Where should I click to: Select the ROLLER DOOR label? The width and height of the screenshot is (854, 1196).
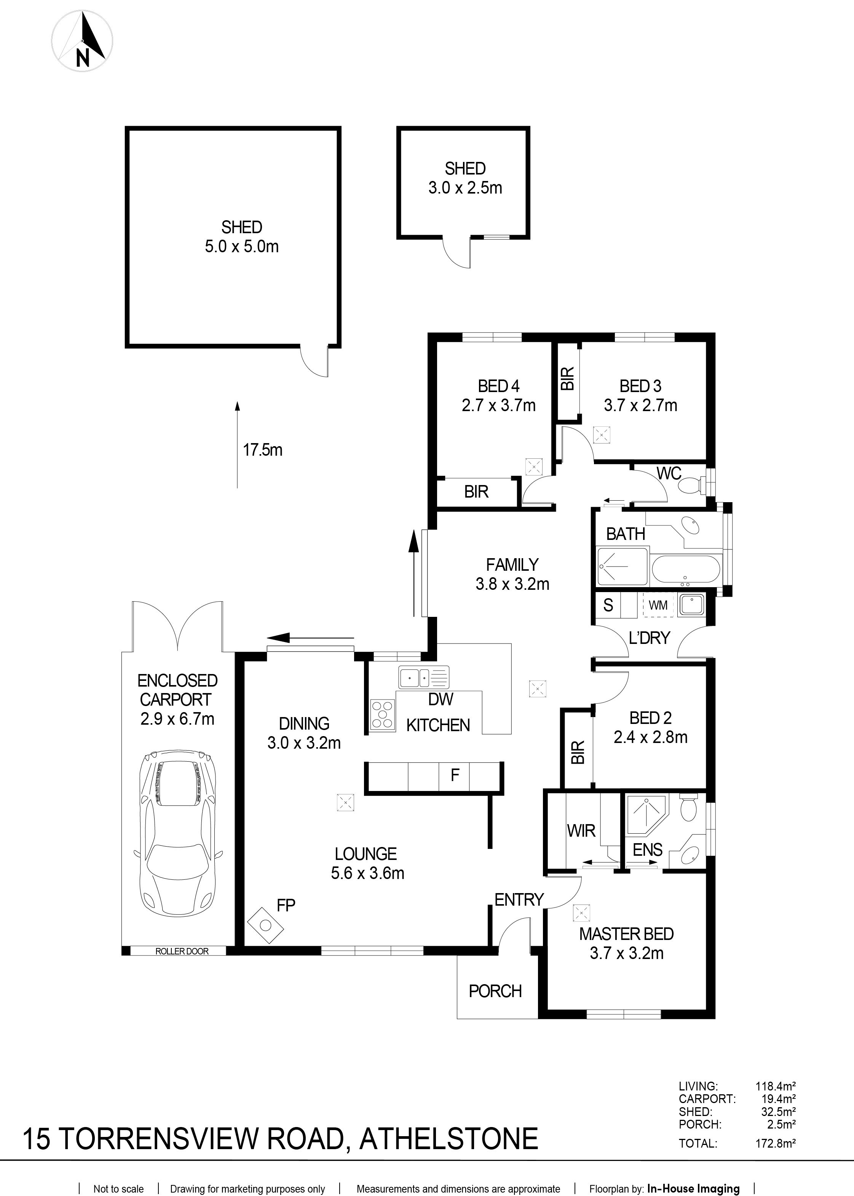[182, 951]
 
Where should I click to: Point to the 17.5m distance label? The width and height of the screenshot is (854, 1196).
[262, 450]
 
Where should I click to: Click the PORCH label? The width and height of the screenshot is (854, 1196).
[495, 991]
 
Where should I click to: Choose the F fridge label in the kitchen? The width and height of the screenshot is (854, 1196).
[455, 775]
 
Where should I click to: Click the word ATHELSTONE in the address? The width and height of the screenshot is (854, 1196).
[449, 1138]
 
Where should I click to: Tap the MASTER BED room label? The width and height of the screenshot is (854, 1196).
[626, 934]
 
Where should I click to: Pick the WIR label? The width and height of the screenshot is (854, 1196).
[581, 831]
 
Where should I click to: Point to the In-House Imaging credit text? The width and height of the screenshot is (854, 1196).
[693, 1174]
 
